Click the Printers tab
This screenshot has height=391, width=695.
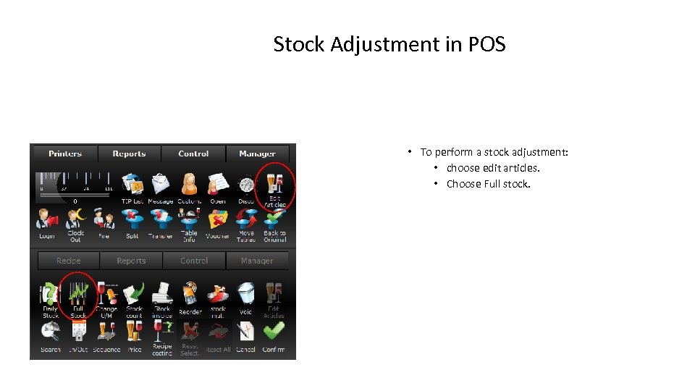65,154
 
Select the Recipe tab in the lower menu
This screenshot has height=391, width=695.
69,261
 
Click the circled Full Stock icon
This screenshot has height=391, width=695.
77,296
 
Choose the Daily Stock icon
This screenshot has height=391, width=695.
50,296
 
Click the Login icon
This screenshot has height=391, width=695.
47,221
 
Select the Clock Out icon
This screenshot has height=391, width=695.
76,221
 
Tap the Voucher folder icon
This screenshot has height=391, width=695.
217,221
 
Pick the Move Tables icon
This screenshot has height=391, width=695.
246,221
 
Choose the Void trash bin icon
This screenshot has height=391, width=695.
246,296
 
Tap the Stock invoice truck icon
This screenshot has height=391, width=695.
162,296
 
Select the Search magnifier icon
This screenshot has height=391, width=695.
50,333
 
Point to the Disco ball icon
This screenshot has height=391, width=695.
246,185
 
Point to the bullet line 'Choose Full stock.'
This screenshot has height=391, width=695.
488,184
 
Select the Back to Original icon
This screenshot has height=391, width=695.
274,221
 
